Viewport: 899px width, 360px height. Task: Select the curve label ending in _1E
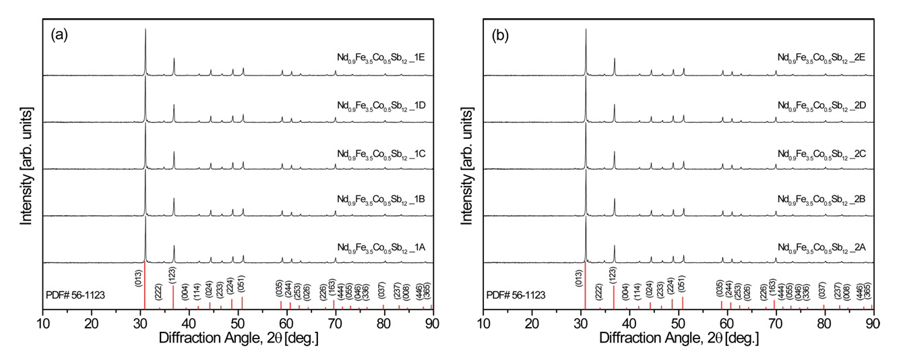click(380, 58)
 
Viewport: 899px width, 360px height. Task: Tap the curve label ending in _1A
click(380, 247)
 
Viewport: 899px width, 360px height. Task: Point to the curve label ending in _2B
click(821, 200)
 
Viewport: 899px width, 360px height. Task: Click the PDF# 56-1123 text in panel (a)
click(75, 295)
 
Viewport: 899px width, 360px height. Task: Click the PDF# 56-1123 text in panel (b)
click(516, 295)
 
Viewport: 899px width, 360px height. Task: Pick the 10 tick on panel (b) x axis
click(483, 322)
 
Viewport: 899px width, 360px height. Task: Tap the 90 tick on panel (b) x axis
click(872, 322)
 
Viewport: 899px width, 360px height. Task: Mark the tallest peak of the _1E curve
click(146, 30)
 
